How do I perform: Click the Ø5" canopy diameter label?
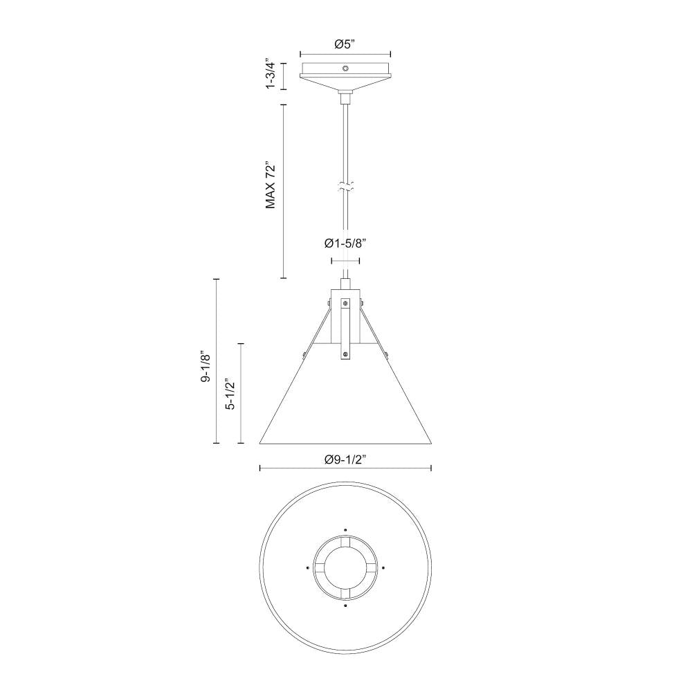(x=345, y=44)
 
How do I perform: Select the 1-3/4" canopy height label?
(x=271, y=75)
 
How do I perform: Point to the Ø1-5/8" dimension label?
(x=345, y=243)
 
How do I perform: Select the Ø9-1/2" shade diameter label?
(x=345, y=459)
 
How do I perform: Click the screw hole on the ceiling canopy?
(x=345, y=69)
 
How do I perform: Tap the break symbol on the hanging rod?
(x=345, y=186)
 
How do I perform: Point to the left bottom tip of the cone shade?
(x=260, y=442)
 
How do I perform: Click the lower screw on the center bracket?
(x=345, y=355)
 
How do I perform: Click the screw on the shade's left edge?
(x=304, y=355)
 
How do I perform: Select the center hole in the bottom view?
(x=345, y=567)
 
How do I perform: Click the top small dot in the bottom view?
(x=345, y=531)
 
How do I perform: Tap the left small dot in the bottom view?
(x=307, y=567)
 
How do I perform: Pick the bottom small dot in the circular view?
(x=345, y=605)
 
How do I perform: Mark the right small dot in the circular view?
(x=383, y=567)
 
